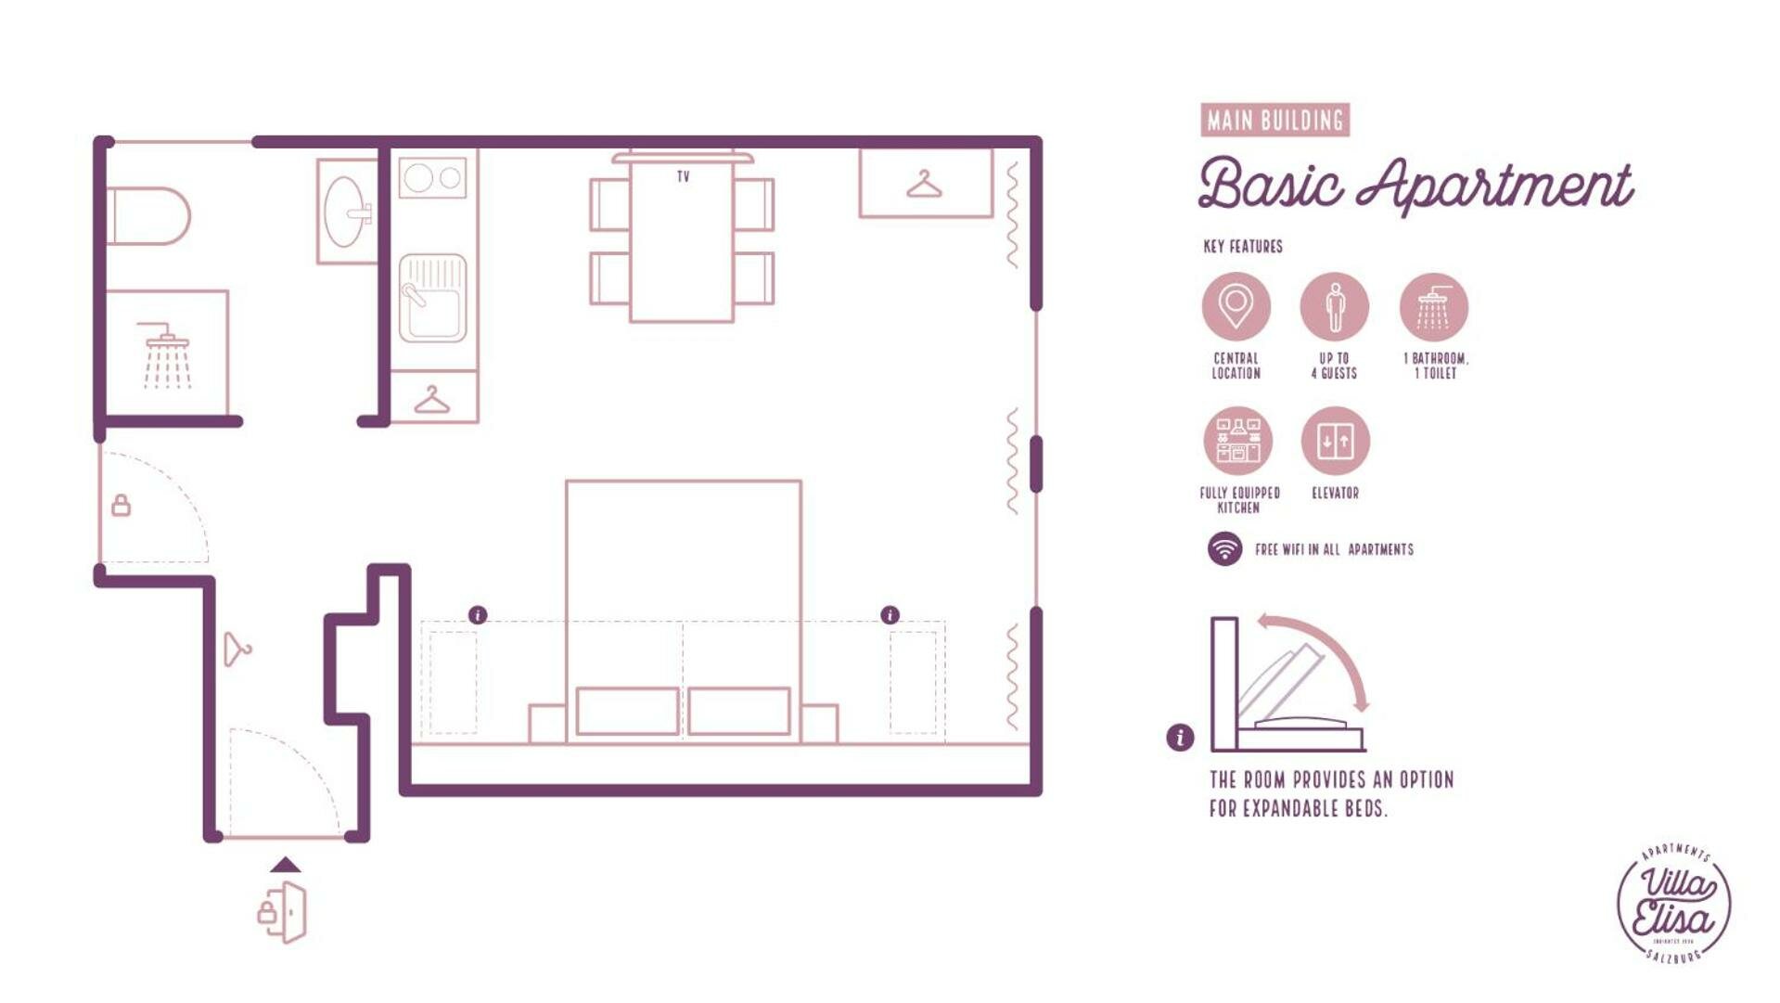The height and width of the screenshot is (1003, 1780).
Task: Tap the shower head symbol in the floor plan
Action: [165, 354]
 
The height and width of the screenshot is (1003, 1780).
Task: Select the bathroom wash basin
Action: [345, 212]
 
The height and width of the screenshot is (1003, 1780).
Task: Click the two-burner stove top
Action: [432, 177]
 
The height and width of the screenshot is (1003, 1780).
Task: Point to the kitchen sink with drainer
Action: [432, 298]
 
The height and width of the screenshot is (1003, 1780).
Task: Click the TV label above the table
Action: [683, 176]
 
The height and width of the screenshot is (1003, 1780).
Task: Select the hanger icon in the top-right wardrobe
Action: [924, 185]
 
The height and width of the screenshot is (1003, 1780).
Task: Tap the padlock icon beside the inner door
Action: [121, 506]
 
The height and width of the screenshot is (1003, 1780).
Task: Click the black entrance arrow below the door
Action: [286, 865]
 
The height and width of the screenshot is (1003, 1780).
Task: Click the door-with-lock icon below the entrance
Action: [283, 912]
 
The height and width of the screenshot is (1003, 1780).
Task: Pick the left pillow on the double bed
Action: [627, 711]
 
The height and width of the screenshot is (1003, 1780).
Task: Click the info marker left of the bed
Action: [478, 615]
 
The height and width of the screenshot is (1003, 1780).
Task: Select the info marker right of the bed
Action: [890, 615]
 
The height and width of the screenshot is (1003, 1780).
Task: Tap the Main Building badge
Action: [1274, 121]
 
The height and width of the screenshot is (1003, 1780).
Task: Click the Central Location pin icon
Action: [1236, 306]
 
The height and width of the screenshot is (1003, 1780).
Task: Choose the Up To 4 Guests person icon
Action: [1334, 306]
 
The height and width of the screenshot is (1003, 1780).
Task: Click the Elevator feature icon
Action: [1335, 441]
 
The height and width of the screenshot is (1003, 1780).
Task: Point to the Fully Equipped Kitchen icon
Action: [1237, 441]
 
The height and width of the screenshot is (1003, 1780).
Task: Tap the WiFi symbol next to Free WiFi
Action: [1224, 549]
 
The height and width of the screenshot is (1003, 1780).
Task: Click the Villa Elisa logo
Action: [1673, 904]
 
